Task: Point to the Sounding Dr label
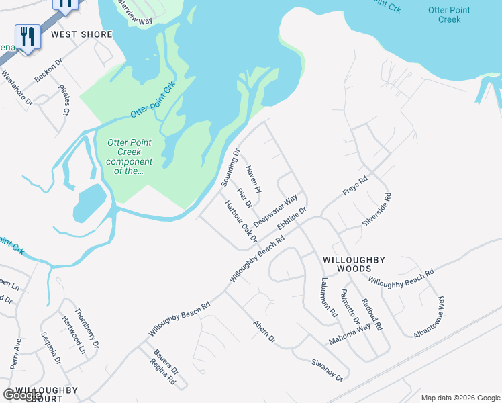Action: pos(230,169)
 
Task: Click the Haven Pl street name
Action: pos(253,179)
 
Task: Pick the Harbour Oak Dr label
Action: pos(241,221)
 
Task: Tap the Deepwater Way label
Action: pos(276,211)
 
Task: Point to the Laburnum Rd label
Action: pos(328,298)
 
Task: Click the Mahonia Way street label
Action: pos(349,334)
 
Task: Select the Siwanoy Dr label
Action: pos(327,369)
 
